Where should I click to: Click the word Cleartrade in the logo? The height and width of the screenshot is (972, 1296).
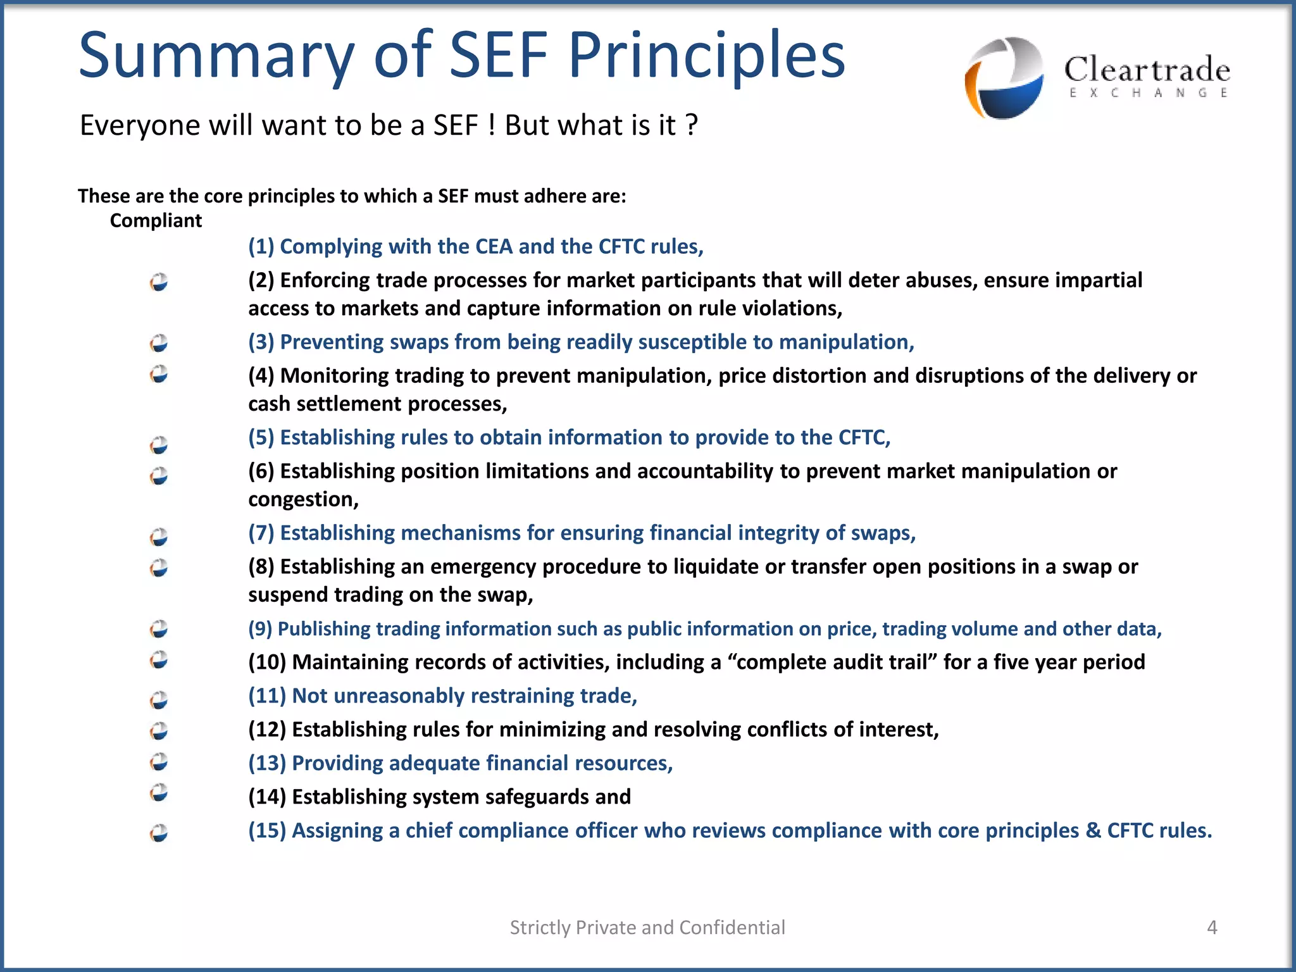coord(1147,70)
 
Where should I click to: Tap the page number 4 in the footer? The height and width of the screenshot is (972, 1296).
coord(1212,927)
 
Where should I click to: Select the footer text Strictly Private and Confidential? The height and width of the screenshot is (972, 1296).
coord(647,927)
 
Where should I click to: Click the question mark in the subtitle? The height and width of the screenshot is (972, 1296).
coord(692,125)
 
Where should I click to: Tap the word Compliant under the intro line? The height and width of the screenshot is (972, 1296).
coord(156,220)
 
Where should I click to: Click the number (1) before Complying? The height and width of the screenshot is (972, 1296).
coord(261,246)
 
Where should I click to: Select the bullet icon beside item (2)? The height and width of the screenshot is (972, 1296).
coord(159,282)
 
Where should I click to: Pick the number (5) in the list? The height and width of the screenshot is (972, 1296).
coord(261,437)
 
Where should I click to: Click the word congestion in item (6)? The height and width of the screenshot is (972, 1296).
coord(302,499)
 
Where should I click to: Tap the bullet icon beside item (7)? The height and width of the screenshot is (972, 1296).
coord(159,537)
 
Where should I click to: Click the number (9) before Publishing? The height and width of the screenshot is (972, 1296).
coord(260,628)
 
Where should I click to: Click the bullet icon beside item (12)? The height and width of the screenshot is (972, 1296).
coord(159,731)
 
